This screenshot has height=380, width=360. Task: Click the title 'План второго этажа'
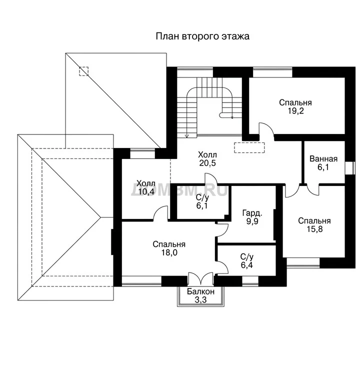click(x=202, y=36)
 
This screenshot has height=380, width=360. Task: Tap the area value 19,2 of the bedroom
click(x=295, y=111)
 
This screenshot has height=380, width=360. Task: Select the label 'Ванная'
click(x=323, y=158)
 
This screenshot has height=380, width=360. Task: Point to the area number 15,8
click(x=314, y=229)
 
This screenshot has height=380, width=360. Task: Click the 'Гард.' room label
click(x=252, y=213)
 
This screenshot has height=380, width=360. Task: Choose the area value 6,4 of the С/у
click(x=247, y=265)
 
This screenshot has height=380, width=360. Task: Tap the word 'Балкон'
click(x=200, y=291)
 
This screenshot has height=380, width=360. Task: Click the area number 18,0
click(x=169, y=253)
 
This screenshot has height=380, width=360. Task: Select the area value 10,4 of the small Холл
click(x=146, y=192)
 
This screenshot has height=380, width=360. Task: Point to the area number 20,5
click(x=207, y=163)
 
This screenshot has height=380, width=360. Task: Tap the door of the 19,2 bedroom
click(x=266, y=131)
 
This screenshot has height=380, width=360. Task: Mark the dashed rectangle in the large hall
click(x=249, y=147)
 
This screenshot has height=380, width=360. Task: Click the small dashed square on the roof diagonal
click(x=83, y=71)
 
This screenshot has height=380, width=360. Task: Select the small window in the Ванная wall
click(x=350, y=167)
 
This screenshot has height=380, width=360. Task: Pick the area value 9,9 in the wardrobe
click(x=252, y=221)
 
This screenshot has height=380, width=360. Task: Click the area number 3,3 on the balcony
click(x=200, y=300)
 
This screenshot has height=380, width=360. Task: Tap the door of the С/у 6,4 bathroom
click(x=221, y=267)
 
